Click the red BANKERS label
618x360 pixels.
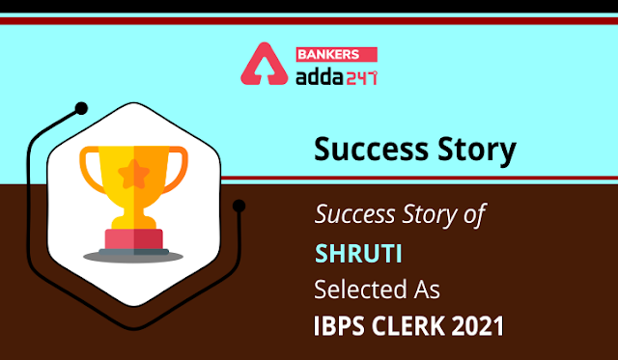[x=337, y=54]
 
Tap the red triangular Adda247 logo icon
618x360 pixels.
[x=264, y=64]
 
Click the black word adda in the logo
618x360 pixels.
[x=320, y=77]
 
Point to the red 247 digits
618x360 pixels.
[x=361, y=77]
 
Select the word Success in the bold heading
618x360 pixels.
[x=371, y=150]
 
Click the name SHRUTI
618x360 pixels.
[x=358, y=254]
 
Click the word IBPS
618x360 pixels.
[x=338, y=326]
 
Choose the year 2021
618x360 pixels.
[x=478, y=326]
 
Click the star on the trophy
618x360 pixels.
[x=134, y=174]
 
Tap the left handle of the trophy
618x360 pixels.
[x=93, y=170]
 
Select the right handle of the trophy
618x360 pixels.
[x=176, y=170]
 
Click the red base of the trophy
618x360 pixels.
[x=134, y=238]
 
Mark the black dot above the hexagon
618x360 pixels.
[x=81, y=108]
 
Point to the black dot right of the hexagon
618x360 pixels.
[x=239, y=206]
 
